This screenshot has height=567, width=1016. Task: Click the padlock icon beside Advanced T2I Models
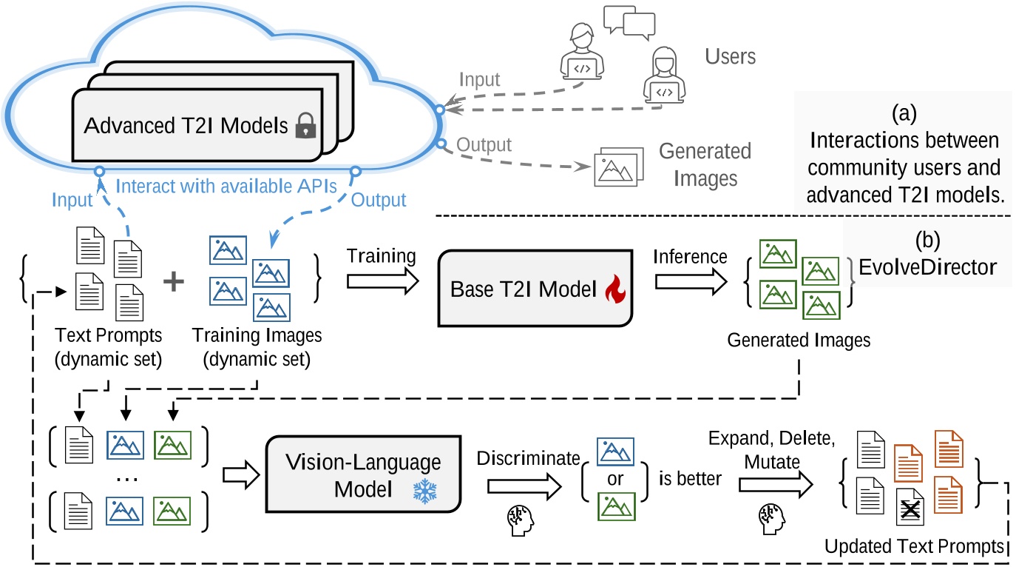301,127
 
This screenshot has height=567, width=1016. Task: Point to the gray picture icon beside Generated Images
613,170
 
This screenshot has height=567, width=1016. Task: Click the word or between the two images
615,479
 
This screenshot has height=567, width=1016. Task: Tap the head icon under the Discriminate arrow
518,516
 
